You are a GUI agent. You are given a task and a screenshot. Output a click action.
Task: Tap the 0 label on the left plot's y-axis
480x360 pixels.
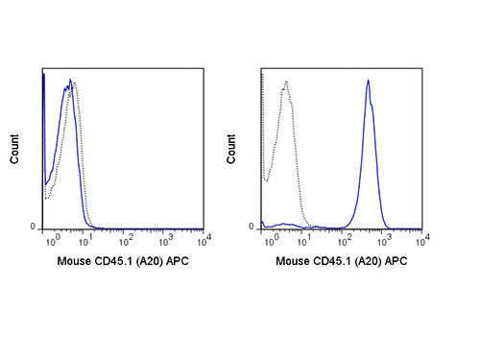(x=35, y=227)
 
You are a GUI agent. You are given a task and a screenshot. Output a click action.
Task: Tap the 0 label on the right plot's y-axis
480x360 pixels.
(x=252, y=227)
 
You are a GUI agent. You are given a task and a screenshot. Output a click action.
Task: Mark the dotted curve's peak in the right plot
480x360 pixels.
(x=285, y=84)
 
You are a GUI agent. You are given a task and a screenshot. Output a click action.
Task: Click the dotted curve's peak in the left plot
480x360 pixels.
(x=75, y=84)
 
